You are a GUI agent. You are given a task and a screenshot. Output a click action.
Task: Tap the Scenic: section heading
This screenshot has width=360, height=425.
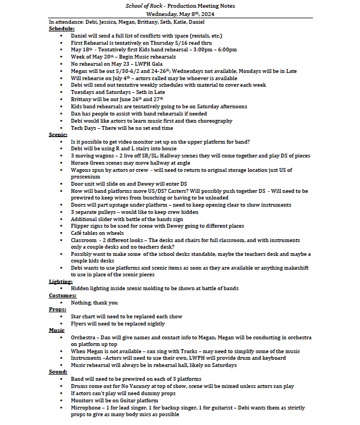coord(59,134)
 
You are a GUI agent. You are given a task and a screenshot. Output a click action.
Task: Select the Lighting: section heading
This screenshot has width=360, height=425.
coord(61,281)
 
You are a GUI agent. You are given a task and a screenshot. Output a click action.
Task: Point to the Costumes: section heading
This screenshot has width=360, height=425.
coord(64,295)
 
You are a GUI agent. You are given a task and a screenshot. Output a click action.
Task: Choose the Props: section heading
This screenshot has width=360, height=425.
coord(58,309)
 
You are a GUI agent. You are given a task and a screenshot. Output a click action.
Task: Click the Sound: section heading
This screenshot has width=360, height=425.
coord(58,372)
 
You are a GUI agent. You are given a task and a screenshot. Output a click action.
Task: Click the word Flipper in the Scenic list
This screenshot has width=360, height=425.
coord(81,225)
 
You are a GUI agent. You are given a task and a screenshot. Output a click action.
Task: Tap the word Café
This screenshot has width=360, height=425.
coord(77,233)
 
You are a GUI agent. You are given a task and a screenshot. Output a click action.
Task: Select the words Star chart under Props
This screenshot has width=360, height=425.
coord(85,317)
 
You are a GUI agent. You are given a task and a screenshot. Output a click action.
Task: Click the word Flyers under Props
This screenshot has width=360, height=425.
coord(79,324)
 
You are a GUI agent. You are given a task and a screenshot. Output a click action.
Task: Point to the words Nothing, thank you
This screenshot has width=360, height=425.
coord(95,302)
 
